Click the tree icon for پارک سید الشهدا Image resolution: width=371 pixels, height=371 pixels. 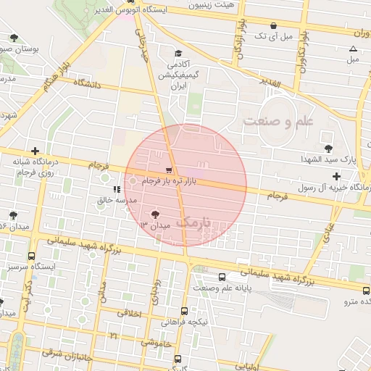tap(329, 147)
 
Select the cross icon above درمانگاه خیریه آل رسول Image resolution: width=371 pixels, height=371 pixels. tap(336, 176)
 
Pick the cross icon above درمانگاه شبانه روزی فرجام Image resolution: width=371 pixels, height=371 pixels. tap(34, 151)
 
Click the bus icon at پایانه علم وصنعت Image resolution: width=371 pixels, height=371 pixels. tap(222, 276)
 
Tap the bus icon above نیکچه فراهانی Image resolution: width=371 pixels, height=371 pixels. tap(184, 311)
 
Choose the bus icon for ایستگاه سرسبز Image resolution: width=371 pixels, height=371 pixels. tap(30, 256)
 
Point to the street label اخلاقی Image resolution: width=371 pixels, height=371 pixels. tap(131, 314)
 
